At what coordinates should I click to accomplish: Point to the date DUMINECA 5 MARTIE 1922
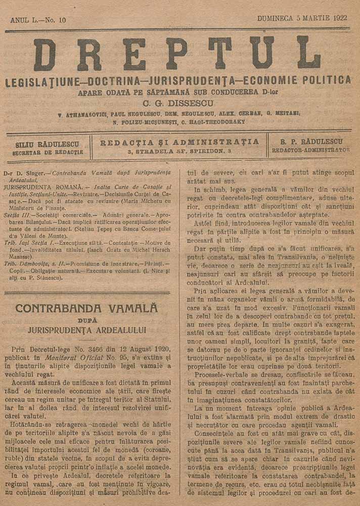[x=302, y=18]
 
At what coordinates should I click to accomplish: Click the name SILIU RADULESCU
[x=47, y=144]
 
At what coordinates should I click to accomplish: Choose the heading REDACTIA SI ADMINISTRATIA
[x=179, y=142]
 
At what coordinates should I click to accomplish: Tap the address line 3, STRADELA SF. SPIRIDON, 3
[x=179, y=151]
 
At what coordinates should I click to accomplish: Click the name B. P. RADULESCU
[x=311, y=142]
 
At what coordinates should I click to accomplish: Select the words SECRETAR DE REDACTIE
[x=47, y=152]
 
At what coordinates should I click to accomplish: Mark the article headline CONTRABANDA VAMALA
[x=86, y=308]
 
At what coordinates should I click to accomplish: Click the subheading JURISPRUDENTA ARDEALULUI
[x=87, y=330]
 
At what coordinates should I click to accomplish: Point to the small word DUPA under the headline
[x=87, y=320]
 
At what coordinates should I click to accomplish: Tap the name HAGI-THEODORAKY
[x=220, y=122]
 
